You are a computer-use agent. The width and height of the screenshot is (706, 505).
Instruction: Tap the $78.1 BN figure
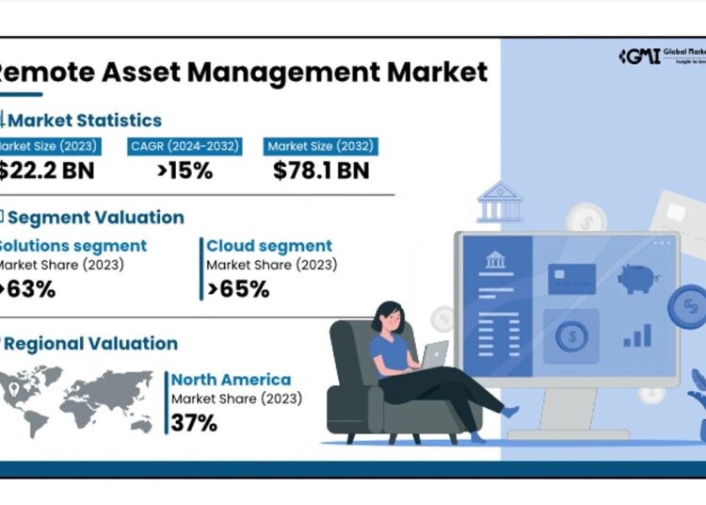coord(321,171)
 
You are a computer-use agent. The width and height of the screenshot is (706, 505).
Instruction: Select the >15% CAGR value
coord(185,171)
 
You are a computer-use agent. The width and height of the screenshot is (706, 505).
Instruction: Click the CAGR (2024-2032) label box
coord(185,146)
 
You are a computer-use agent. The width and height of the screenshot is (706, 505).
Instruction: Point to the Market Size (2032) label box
coord(321,146)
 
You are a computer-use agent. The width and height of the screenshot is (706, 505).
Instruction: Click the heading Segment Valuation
coord(95,217)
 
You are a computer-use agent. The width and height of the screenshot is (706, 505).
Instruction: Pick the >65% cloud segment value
coord(239,289)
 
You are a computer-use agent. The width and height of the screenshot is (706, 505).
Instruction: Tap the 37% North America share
coord(195,423)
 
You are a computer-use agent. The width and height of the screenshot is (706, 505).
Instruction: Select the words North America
coord(231,380)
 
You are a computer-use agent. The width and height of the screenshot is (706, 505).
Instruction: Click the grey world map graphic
coord(79,400)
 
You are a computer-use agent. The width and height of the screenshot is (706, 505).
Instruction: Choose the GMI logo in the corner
coord(638,56)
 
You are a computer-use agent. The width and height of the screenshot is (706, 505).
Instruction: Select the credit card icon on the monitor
coord(570,278)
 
